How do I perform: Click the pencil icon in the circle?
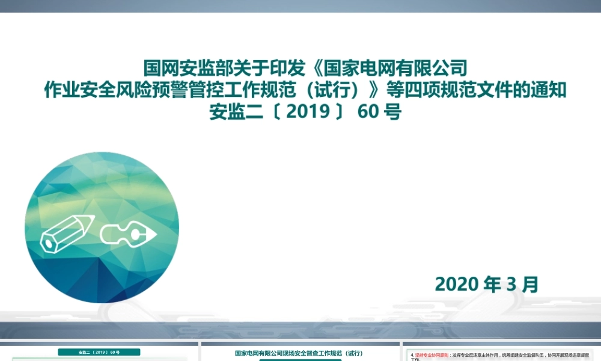[x=67, y=232]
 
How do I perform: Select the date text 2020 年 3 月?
[x=486, y=284]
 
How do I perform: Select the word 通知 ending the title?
[x=549, y=90]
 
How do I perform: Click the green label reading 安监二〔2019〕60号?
[x=99, y=352]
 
